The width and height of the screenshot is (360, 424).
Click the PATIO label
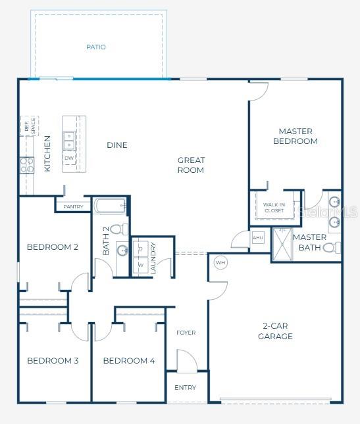[x=96, y=47]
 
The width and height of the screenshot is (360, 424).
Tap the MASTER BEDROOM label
[x=295, y=136]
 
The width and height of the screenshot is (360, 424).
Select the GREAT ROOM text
[x=191, y=165]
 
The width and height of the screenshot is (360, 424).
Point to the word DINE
[x=117, y=145]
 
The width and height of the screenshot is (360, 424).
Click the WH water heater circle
[x=220, y=263]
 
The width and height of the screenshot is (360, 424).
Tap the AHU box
[x=258, y=238]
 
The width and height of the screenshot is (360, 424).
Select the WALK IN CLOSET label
[x=274, y=208]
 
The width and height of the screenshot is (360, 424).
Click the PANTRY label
[x=73, y=207]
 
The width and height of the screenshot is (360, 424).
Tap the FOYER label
[x=186, y=333]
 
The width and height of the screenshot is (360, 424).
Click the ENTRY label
[x=186, y=388]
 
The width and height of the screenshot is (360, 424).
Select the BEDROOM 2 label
[x=53, y=247]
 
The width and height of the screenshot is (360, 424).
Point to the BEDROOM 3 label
[x=53, y=361]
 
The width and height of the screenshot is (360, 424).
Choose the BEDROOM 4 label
[x=129, y=361]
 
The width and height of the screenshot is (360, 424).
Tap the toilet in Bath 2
[x=119, y=229]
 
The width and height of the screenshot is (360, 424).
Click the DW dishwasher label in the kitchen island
[x=69, y=158]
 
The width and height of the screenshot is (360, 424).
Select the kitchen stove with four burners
[x=26, y=165]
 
